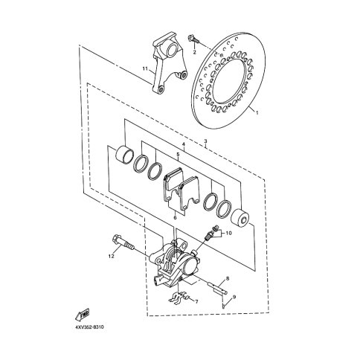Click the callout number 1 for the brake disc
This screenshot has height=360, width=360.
click(x=257, y=113)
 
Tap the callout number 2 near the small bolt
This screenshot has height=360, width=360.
click(x=194, y=52)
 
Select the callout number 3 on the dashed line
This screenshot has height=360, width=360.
click(x=205, y=141)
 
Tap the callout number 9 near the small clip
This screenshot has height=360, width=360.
click(x=234, y=297)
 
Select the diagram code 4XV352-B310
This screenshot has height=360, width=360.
click(x=89, y=327)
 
